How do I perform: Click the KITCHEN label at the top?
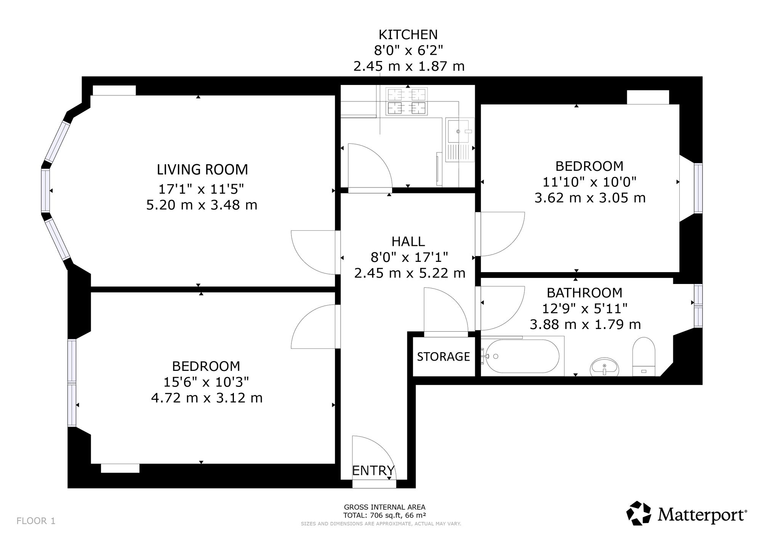coord(408,35)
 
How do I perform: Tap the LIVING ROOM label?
coord(202,170)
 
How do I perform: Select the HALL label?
coord(408,241)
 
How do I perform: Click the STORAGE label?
coord(443,356)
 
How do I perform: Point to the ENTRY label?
coord(373,471)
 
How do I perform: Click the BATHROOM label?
coord(584,293)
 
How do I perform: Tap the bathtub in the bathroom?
coord(522,356)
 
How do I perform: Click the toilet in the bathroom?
coord(644,357)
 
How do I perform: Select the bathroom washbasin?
coord(605,367)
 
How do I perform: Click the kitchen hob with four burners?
coord(407,101)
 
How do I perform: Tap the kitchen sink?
coord(460,140)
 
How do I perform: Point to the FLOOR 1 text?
coord(36,521)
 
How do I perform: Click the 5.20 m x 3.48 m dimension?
coord(202,205)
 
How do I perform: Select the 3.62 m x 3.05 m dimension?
coord(590,198)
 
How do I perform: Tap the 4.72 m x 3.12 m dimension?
coord(207,398)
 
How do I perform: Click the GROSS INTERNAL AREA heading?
coord(385,507)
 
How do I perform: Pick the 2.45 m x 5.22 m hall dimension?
coord(410,273)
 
